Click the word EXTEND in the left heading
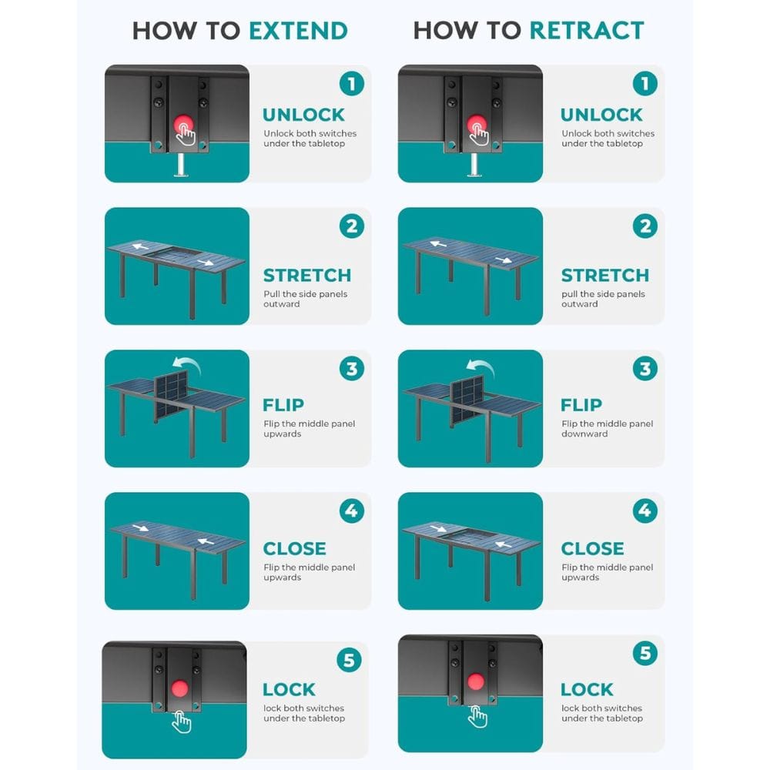[x=298, y=31]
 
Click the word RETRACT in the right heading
[x=587, y=31]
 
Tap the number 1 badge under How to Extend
[x=352, y=84]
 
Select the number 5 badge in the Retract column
[x=644, y=654]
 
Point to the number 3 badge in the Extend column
[x=352, y=369]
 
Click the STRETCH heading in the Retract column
[x=605, y=276]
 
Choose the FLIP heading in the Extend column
[x=283, y=405]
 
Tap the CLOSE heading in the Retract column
[x=592, y=548]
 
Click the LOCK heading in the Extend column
[x=289, y=689]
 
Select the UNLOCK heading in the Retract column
[x=601, y=115]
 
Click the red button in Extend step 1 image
[x=184, y=125]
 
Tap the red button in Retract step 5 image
[x=475, y=681]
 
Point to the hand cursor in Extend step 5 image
[x=181, y=722]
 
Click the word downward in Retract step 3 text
[x=584, y=434]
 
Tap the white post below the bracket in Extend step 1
[x=180, y=165]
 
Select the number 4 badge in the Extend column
[x=352, y=511]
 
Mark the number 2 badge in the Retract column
[x=644, y=226]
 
